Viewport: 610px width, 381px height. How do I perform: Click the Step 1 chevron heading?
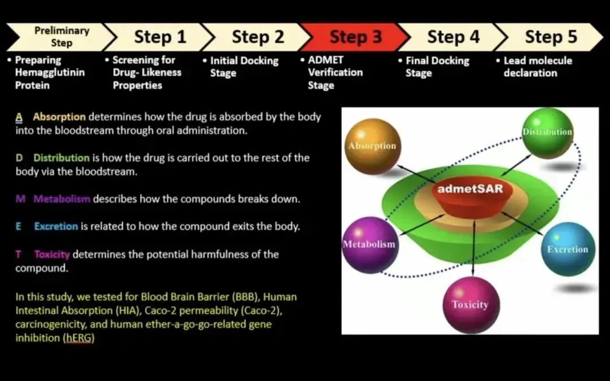pos(160,37)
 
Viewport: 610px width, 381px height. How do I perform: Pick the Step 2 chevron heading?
pos(258,37)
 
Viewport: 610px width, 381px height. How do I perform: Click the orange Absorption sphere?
pos(372,147)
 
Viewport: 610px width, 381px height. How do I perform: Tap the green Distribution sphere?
pos(547,133)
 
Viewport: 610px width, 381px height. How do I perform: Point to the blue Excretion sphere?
pos(567,249)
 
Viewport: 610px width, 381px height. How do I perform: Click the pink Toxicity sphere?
pos(469,305)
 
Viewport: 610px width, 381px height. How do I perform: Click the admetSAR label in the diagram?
pos(470,189)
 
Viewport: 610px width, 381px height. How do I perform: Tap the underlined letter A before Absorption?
pos(19,117)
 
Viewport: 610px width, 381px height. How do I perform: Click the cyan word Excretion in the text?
pos(56,226)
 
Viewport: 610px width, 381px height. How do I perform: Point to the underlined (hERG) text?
pos(79,338)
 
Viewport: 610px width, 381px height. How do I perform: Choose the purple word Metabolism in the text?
pos(62,199)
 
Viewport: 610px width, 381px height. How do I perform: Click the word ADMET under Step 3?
pos(326,60)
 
